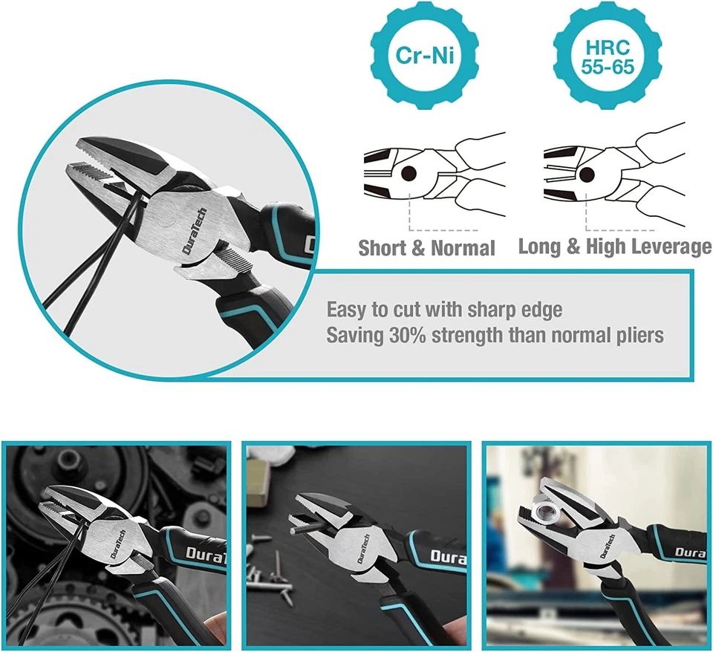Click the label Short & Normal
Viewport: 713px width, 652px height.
(426, 248)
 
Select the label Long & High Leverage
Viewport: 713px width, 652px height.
(614, 247)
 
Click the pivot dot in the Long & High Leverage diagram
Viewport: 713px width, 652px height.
(587, 175)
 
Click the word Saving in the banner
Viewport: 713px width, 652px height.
(355, 336)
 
